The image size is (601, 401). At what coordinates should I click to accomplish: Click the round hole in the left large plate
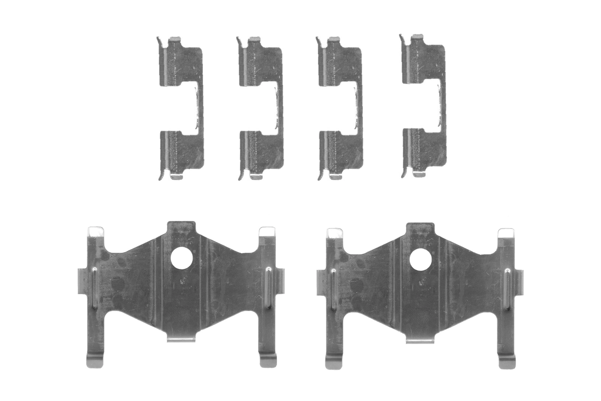(182, 259)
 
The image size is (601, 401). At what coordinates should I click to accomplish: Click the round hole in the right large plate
(420, 259)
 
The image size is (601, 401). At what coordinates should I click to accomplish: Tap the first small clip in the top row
(181, 108)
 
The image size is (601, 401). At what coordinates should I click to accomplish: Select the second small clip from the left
(261, 108)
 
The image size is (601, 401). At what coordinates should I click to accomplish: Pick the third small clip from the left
(340, 108)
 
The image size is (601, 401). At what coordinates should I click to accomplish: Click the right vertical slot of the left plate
(268, 288)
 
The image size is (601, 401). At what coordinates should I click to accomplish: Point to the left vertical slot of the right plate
(334, 289)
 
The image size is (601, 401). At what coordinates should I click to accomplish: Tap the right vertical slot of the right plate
(507, 289)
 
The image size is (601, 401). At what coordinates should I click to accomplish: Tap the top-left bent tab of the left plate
(96, 231)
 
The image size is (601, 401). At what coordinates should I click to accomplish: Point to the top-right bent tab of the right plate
(506, 233)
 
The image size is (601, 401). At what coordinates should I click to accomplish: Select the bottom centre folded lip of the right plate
(420, 339)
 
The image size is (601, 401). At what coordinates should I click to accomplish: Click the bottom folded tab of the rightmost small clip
(419, 174)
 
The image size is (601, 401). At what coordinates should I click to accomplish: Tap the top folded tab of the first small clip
(174, 38)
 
